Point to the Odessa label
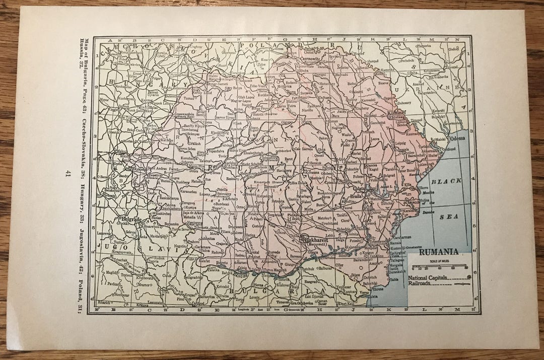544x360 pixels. point(458,138)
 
